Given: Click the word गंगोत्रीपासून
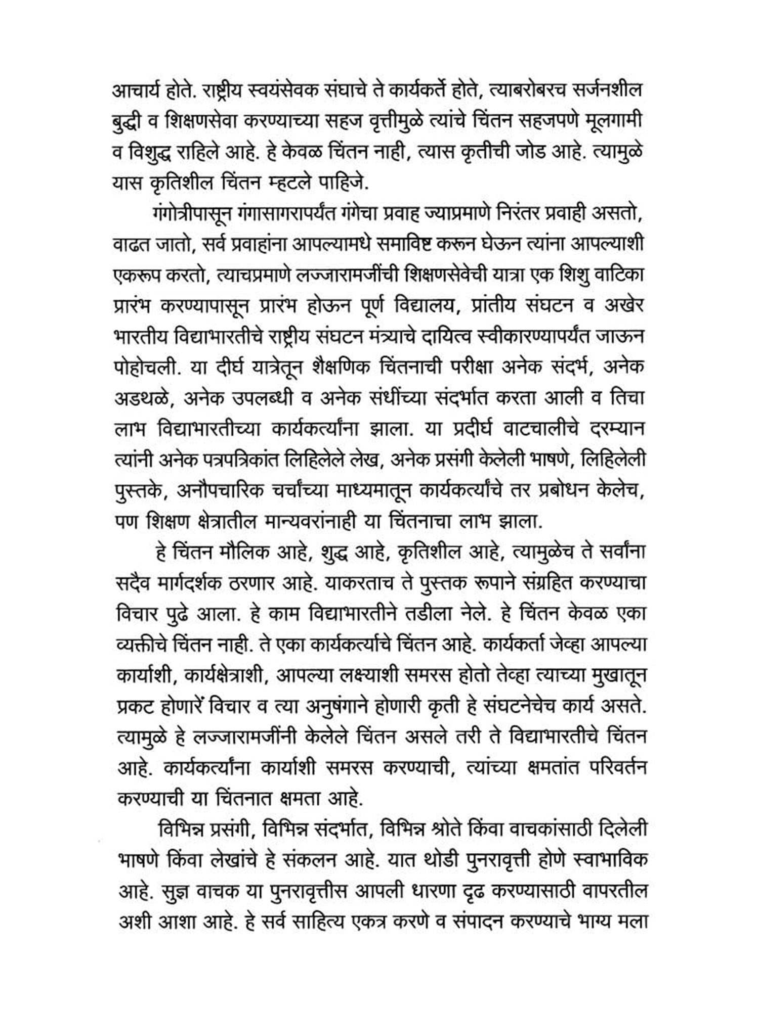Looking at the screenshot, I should click(x=192, y=214).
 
